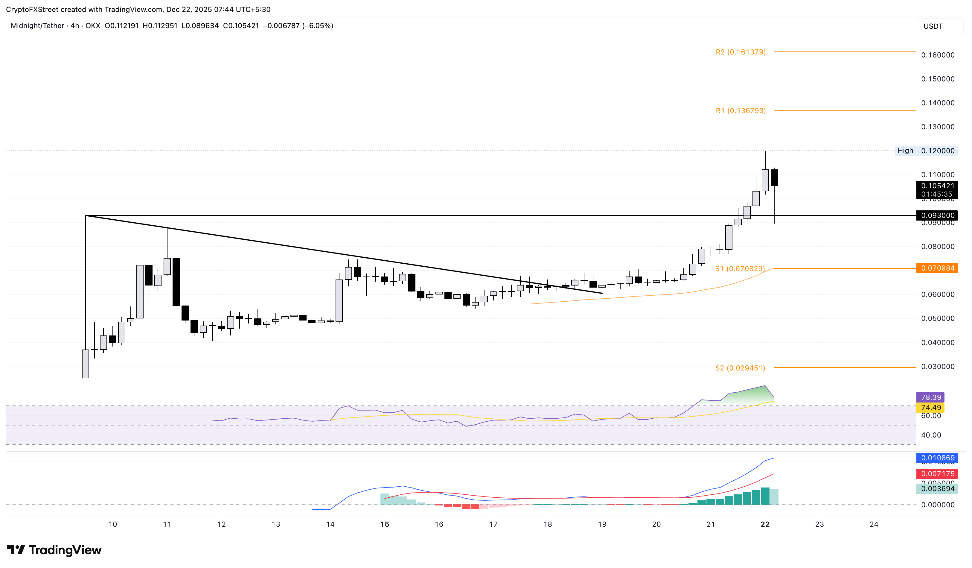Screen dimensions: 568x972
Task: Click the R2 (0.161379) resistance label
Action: tap(740, 52)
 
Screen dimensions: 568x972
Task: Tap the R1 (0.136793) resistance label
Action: tap(740, 111)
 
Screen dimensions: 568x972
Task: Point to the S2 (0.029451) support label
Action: tap(740, 368)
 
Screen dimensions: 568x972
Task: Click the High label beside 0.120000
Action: tap(905, 151)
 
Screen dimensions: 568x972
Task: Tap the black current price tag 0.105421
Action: tap(937, 186)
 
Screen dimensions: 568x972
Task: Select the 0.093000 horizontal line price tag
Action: tap(937, 215)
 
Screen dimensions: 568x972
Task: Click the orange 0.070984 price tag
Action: tap(937, 268)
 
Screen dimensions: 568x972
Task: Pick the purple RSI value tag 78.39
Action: tap(931, 397)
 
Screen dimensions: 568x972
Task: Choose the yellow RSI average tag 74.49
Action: tap(931, 408)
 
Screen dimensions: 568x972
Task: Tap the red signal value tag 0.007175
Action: tap(937, 473)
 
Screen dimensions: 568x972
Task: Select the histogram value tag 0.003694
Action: tap(937, 488)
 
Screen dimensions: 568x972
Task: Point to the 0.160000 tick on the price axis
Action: tap(937, 55)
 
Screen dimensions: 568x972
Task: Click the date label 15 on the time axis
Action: tap(385, 524)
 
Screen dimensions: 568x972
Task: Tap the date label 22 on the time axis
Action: tap(765, 524)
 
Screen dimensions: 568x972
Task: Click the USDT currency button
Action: tap(933, 26)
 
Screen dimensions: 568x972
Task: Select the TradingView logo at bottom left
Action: tap(54, 550)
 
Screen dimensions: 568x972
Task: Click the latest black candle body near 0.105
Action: tap(774, 178)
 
